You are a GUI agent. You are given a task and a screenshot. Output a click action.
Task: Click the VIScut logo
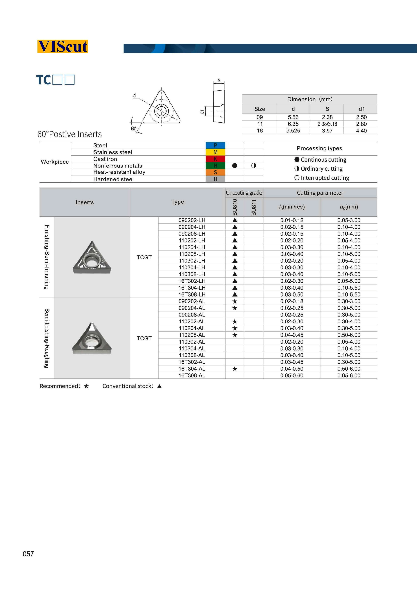point(63,47)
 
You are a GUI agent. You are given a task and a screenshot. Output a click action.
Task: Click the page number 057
point(28,554)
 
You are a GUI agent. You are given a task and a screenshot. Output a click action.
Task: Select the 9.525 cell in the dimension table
point(293,131)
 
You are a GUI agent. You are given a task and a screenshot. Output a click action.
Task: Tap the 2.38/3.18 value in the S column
point(327,124)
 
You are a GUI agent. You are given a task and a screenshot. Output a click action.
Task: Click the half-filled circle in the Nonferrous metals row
point(254,165)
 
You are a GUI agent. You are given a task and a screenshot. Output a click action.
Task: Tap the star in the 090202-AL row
point(235,301)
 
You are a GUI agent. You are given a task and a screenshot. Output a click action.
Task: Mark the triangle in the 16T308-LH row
point(235,294)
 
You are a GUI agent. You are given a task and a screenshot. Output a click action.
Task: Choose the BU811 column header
point(254,207)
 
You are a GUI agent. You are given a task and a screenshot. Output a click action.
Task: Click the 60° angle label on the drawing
point(133,128)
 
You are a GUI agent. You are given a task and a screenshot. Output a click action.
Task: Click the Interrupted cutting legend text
point(325,178)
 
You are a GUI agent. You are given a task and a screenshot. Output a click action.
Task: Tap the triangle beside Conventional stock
point(160,386)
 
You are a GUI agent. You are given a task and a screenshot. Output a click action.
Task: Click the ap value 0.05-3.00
point(349,220)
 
